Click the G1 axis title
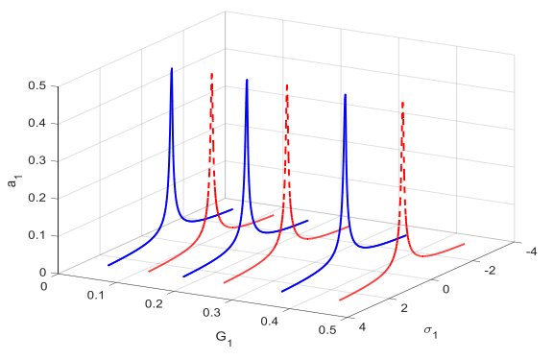pyautogui.click(x=224, y=339)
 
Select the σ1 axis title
pyautogui.click(x=431, y=332)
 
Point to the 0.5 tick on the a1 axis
pyautogui.click(x=37, y=85)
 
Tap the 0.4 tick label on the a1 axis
pyautogui.click(x=37, y=124)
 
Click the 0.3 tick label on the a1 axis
pyautogui.click(x=37, y=160)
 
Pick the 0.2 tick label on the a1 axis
pyautogui.click(x=37, y=198)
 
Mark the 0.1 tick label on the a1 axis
pyautogui.click(x=37, y=235)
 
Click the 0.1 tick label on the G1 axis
pyautogui.click(x=96, y=295)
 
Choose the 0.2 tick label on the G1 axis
pyautogui.click(x=154, y=303)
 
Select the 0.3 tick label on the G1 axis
pyautogui.click(x=212, y=312)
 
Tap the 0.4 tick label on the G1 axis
pyautogui.click(x=270, y=322)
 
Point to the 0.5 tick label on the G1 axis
pyautogui.click(x=327, y=330)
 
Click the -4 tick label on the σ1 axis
pyautogui.click(x=531, y=252)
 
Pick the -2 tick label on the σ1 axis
pyautogui.click(x=490, y=271)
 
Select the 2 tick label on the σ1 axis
pyautogui.click(x=404, y=308)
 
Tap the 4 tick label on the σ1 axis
pyautogui.click(x=362, y=327)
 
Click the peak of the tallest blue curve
pyautogui.click(x=172, y=68)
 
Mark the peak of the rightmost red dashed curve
pyautogui.click(x=402, y=103)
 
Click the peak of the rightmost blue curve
pyautogui.click(x=346, y=94)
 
